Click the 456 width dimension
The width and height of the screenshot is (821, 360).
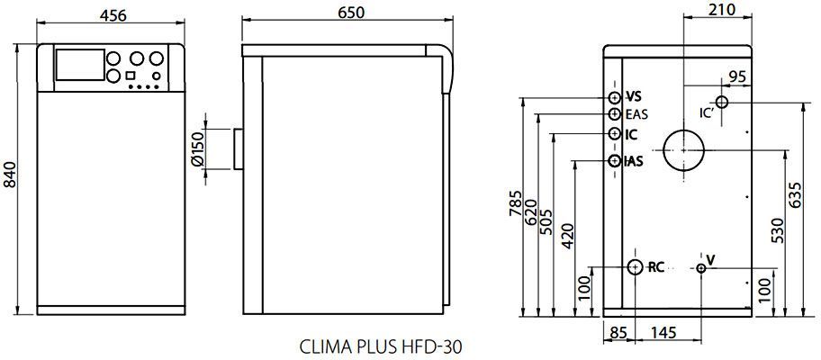tap(113, 15)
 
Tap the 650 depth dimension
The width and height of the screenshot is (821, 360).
tap(351, 12)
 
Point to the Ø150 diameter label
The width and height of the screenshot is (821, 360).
tap(197, 150)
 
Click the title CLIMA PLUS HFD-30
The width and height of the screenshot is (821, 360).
tap(381, 346)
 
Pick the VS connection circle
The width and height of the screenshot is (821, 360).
tap(615, 98)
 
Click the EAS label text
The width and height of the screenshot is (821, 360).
tap(636, 114)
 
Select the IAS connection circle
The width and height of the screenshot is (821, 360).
tap(615, 161)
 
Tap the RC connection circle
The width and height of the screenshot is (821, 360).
tap(635, 267)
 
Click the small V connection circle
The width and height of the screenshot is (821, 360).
tap(701, 268)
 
